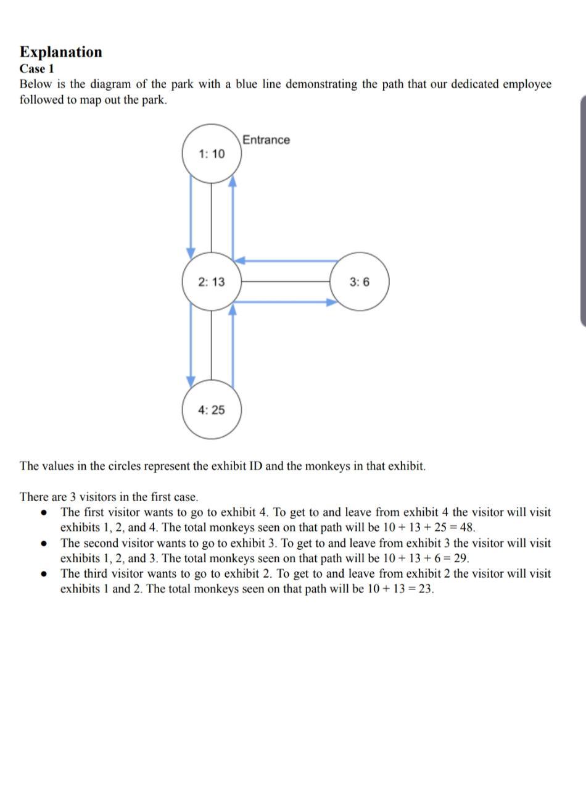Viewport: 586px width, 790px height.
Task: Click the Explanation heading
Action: (60, 52)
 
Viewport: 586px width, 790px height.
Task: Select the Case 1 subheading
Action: (36, 69)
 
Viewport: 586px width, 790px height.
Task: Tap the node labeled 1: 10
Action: (212, 154)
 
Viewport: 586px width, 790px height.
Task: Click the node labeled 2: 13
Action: (212, 282)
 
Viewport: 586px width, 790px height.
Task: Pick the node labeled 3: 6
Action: (360, 282)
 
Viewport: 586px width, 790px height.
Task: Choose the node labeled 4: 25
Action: (212, 410)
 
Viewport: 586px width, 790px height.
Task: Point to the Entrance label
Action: (266, 140)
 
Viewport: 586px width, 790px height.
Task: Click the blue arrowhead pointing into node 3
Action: (332, 302)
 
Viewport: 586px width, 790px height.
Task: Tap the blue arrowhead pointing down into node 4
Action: (191, 380)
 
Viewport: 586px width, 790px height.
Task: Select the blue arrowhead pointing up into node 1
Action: (233, 180)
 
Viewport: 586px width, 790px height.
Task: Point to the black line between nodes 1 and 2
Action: (212, 217)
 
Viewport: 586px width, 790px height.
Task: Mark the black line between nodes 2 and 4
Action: (212, 344)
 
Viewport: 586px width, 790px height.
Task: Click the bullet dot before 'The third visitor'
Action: (43, 574)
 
